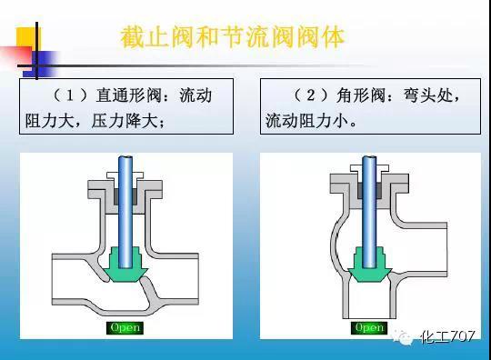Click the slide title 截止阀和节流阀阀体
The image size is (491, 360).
[232, 38]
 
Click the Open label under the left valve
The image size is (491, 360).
[125, 326]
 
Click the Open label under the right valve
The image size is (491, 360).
[369, 326]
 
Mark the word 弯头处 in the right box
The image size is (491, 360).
[426, 95]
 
